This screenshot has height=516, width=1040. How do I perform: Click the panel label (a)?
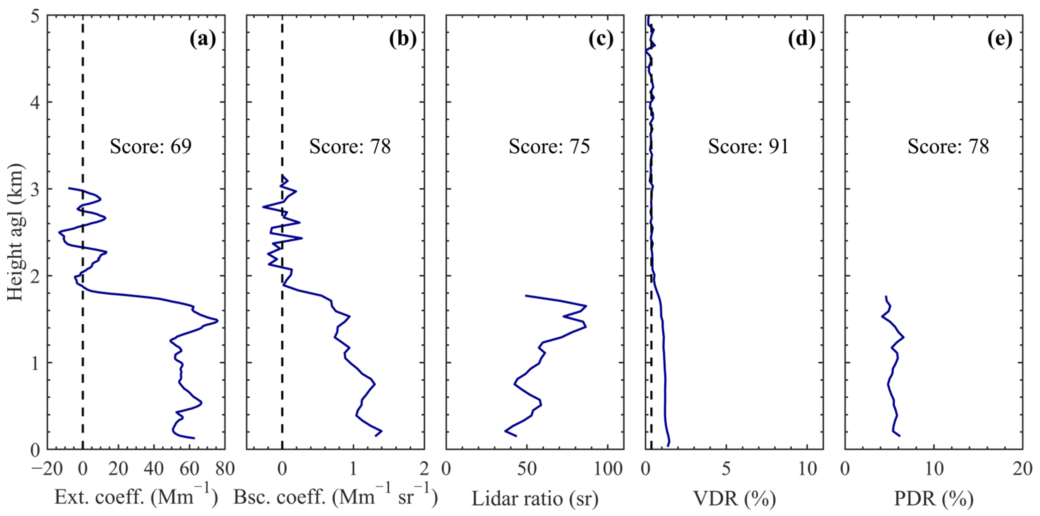pos(203,39)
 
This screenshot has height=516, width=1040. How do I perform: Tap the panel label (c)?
pos(601,39)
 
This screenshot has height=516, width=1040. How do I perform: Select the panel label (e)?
pos(1000,39)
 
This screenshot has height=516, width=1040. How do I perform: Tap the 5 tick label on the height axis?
pos(35,16)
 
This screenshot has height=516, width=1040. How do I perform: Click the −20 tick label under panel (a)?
pos(48,469)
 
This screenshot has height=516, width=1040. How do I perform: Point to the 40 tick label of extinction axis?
pos(154,469)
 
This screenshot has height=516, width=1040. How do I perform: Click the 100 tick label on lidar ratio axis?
pos(608,469)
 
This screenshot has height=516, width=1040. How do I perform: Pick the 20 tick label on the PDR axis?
pos(1022,469)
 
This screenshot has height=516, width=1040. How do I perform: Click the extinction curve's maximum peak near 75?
pos(217,321)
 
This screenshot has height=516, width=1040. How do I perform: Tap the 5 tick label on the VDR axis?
pos(726,469)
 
